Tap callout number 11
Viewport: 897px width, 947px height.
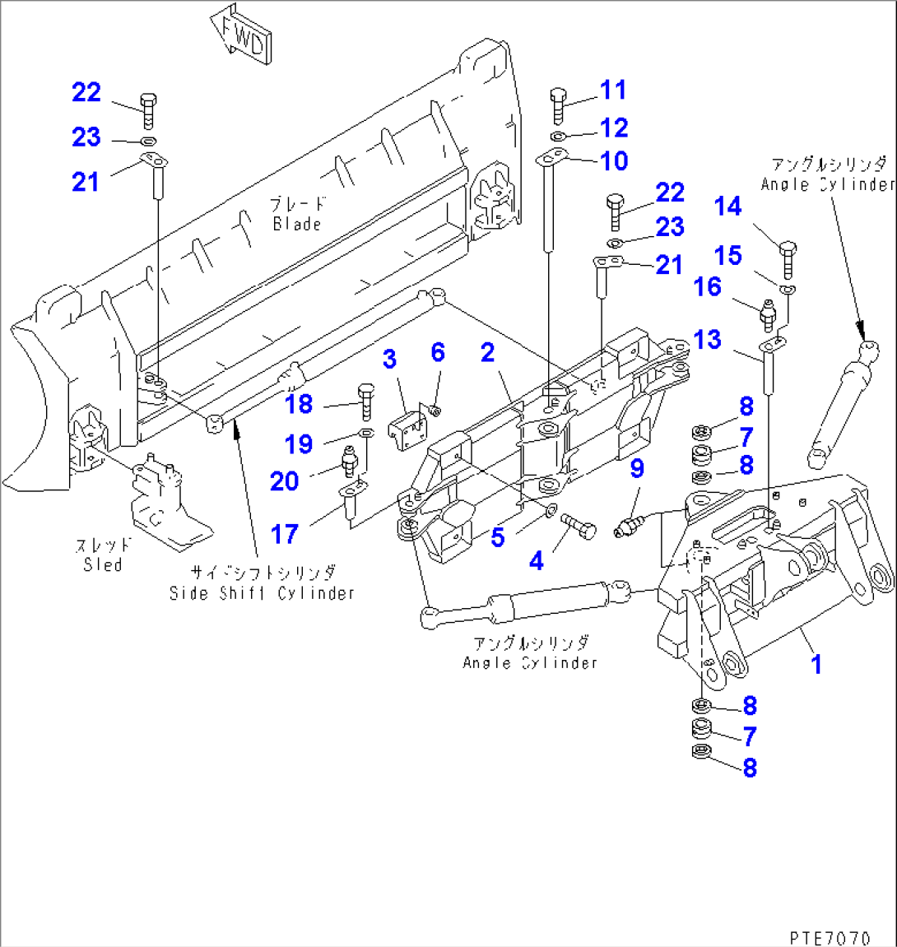tap(612, 90)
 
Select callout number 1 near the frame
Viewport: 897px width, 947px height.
tap(816, 664)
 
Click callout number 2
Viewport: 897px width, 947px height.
tap(488, 353)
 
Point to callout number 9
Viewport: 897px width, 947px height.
tap(637, 469)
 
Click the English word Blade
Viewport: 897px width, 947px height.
tap(296, 225)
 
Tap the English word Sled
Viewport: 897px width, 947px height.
tap(102, 564)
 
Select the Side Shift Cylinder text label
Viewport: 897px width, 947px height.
tap(262, 592)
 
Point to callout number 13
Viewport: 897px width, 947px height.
tap(707, 340)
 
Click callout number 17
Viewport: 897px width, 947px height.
tap(285, 534)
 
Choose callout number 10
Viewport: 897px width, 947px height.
tap(614, 161)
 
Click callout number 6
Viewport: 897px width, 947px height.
tap(438, 353)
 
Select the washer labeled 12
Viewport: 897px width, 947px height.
tap(558, 135)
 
